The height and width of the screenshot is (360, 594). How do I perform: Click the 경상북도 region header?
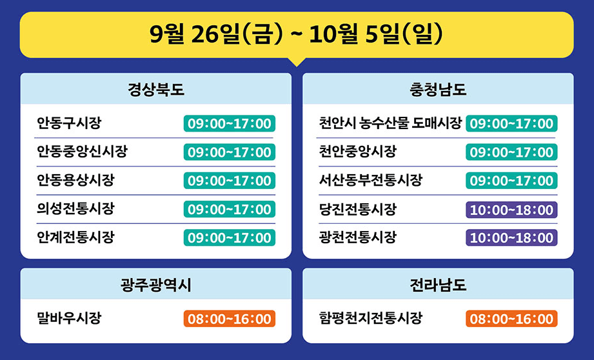[156, 90]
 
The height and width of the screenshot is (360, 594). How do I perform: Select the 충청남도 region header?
[438, 90]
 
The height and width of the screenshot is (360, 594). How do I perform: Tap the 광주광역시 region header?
[156, 285]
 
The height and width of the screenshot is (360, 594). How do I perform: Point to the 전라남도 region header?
[438, 285]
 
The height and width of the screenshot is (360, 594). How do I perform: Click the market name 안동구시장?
[69, 123]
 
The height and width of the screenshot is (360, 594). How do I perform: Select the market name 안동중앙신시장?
[82, 152]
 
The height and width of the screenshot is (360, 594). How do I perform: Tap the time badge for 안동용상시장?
[230, 181]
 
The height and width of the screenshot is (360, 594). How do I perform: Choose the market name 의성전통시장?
[75, 209]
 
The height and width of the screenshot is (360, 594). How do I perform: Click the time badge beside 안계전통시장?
[230, 237]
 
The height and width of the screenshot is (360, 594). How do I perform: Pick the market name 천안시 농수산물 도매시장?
[390, 123]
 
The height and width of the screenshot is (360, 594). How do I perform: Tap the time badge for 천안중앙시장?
[511, 152]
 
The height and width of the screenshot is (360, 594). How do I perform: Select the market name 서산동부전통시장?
[370, 181]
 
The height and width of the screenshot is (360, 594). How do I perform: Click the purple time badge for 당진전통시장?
[511, 210]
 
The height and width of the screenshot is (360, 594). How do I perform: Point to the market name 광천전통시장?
[357, 237]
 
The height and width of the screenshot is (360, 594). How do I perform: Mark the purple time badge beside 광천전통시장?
[511, 237]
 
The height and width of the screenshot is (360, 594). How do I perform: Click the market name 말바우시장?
[69, 318]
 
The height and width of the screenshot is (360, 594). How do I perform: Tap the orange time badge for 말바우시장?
[230, 319]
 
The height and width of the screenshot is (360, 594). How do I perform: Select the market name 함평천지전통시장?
[370, 318]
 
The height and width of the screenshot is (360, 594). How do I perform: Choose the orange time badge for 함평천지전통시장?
[511, 319]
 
